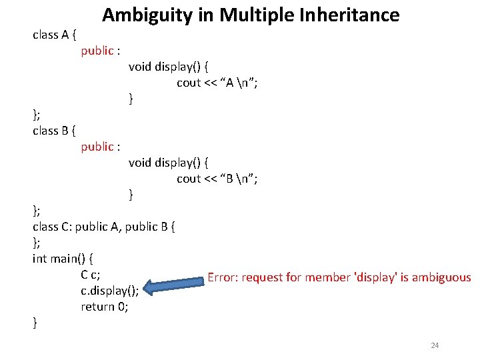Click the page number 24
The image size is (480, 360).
tap(435, 345)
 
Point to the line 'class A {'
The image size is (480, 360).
tap(54, 35)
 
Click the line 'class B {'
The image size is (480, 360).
tap(54, 131)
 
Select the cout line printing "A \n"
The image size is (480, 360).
tap(217, 83)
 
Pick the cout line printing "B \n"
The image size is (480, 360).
tap(217, 179)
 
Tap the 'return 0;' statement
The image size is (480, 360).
tap(105, 307)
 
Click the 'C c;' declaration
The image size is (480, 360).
tap(91, 275)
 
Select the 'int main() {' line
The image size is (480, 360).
tap(63, 259)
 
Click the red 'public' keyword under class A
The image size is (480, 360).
tap(97, 51)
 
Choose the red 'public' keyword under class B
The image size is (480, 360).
tap(97, 147)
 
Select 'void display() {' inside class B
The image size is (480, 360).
tap(168, 163)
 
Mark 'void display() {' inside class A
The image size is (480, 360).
tap(168, 67)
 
